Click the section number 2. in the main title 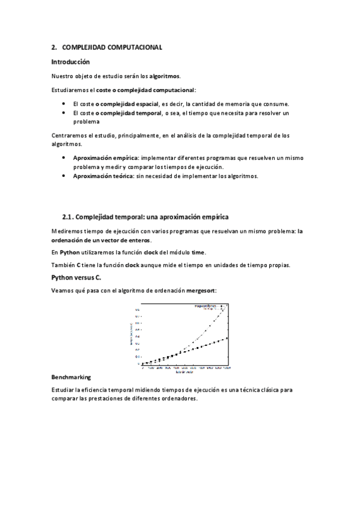coord(54,47)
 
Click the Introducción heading coord(70,61)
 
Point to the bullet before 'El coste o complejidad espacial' coord(64,103)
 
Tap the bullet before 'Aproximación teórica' coord(64,176)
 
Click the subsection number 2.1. coord(69,216)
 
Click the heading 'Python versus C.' coord(76,277)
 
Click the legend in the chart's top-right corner coord(210,308)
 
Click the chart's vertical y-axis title coord(132,334)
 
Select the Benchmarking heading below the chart coord(72,377)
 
